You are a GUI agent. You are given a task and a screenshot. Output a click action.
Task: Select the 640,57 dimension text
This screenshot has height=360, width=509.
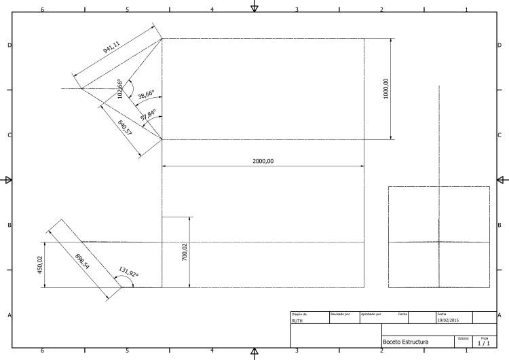[x=125, y=127]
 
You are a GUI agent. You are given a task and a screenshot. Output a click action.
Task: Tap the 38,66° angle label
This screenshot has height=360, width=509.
[x=146, y=95]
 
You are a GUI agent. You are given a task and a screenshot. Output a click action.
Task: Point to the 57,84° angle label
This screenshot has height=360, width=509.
[x=149, y=115]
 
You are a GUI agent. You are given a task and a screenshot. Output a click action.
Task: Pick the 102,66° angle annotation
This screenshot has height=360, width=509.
[x=120, y=89]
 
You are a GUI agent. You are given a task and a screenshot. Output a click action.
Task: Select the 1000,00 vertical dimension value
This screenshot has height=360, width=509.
[x=386, y=90]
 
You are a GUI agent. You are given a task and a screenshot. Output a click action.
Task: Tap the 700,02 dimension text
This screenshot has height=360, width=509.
[x=185, y=252]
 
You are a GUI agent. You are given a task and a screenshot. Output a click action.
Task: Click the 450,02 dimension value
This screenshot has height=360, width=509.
[x=39, y=265]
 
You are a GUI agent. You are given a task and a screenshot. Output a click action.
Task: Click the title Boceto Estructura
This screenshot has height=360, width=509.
[x=406, y=342]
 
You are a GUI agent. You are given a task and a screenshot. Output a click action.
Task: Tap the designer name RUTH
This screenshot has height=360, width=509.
[x=297, y=320]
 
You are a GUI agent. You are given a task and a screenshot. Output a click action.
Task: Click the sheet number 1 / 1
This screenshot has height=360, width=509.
[x=484, y=343]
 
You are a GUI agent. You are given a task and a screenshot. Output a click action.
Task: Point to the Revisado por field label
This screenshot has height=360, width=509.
[x=340, y=314]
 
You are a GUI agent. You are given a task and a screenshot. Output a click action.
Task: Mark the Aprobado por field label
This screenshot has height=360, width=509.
[x=371, y=314]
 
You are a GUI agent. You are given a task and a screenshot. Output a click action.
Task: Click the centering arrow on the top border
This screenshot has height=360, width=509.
[x=254, y=7]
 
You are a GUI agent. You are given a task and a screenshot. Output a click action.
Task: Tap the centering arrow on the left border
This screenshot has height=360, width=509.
[x=8, y=180]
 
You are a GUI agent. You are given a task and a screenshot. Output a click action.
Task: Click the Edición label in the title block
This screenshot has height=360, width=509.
[x=464, y=338]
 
